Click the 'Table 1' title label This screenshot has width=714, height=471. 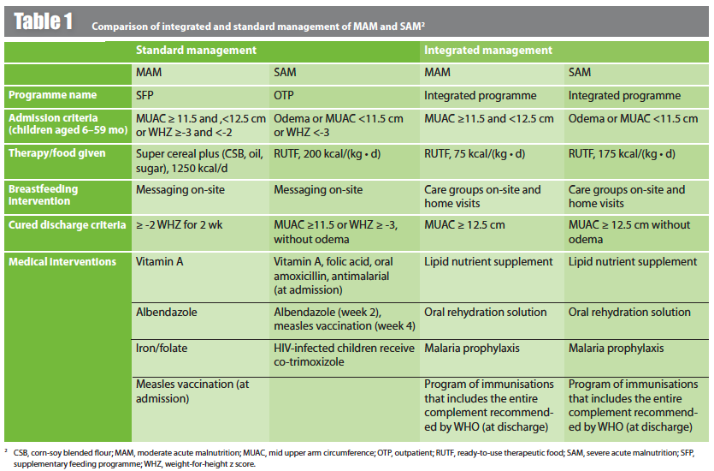tap(43, 21)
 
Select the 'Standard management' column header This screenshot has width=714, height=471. tap(196, 51)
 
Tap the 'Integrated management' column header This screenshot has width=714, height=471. tap(488, 51)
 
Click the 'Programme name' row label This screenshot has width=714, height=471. tap(52, 95)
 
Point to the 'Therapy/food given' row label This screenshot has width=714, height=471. tap(56, 153)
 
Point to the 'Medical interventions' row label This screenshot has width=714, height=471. tap(62, 262)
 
